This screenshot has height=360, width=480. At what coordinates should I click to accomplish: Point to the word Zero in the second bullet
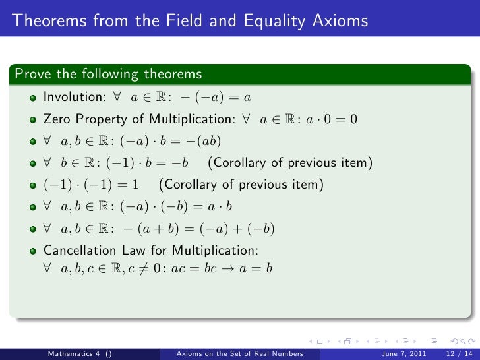coord(57,120)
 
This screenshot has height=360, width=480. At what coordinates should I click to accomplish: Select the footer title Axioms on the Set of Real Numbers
coord(239,353)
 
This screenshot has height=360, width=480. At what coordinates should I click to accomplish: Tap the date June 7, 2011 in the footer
coord(402,353)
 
